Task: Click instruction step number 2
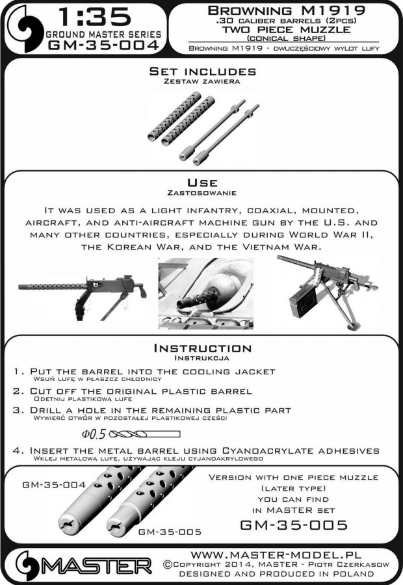(x=19, y=390)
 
